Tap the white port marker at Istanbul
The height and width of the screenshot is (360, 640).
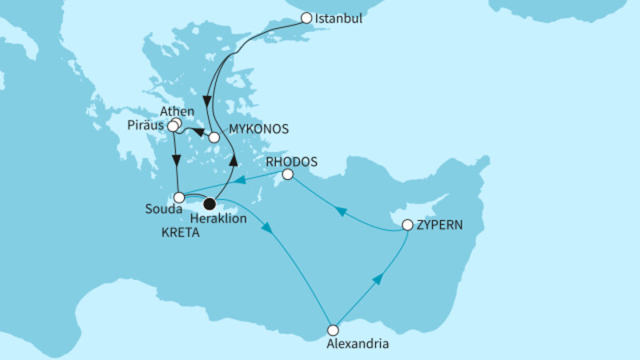point(306,18)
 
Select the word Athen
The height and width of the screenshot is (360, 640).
point(178,111)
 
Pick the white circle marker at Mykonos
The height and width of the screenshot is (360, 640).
point(214,138)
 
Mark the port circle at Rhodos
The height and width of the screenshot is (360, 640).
point(288,174)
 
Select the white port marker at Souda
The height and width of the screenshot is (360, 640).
point(180,197)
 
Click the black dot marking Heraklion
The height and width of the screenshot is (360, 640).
point(210,203)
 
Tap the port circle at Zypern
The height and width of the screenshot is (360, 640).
point(407,226)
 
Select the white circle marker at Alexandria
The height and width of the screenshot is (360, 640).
point(334,329)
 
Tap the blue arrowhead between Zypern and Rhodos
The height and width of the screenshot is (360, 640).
point(341,212)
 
